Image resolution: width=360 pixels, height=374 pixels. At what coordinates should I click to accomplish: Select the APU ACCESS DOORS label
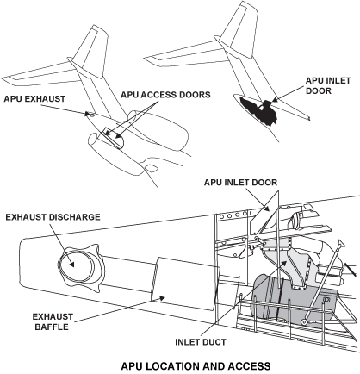153,95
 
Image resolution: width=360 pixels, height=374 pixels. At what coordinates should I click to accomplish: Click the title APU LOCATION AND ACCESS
179,365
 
